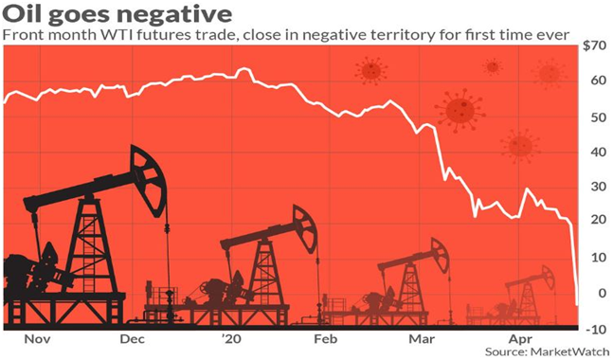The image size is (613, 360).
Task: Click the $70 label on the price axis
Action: pyautogui.click(x=594, y=46)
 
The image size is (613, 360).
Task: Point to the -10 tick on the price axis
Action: pyautogui.click(x=596, y=329)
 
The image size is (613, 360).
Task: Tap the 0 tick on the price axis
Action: pyautogui.click(x=602, y=293)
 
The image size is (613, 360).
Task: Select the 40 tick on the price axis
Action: pyautogui.click(x=599, y=152)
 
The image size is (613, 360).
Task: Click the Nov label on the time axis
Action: pyautogui.click(x=37, y=339)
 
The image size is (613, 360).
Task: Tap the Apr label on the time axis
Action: pyautogui.click(x=520, y=340)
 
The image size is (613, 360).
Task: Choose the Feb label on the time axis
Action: pyautogui.click(x=325, y=339)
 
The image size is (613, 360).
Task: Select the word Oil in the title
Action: pyautogui.click(x=23, y=13)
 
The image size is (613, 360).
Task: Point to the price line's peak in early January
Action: pyautogui.click(x=243, y=69)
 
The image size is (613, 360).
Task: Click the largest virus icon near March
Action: pyautogui.click(x=460, y=110)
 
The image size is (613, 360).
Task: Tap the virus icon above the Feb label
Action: pyautogui.click(x=371, y=71)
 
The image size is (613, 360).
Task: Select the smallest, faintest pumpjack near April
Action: pyautogui.click(x=520, y=297)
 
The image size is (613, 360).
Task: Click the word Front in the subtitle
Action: pyautogui.click(x=19, y=35)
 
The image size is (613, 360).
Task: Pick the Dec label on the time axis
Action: pyautogui.click(x=133, y=339)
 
